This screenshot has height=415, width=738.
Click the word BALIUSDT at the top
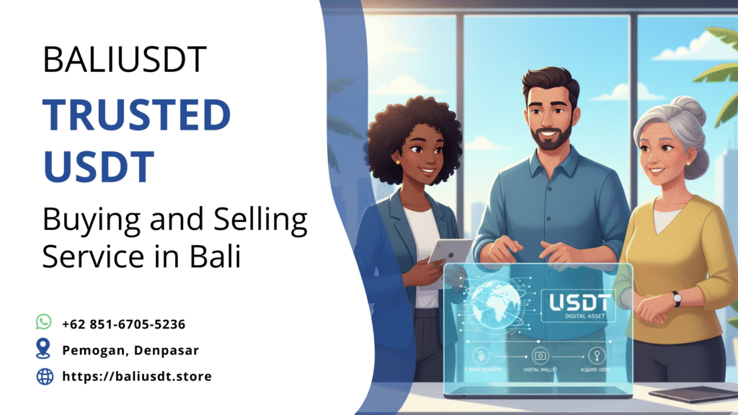click(x=125, y=60)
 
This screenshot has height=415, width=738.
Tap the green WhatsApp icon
click(x=45, y=322)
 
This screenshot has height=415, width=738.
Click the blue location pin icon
click(x=45, y=349)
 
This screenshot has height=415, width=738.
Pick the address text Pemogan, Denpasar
click(x=130, y=350)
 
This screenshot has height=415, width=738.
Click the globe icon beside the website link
click(x=45, y=376)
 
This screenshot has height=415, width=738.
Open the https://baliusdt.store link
click(x=137, y=376)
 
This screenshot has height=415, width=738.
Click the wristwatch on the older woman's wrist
click(x=676, y=299)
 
